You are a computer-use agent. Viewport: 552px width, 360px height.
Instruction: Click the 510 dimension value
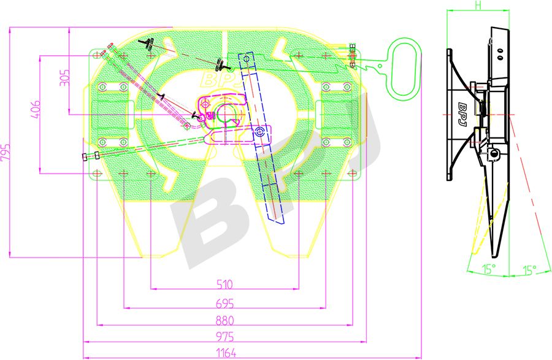pos(225,284)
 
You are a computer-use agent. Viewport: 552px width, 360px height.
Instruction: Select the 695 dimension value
pos(225,303)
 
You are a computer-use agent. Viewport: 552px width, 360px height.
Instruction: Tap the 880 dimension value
pos(225,320)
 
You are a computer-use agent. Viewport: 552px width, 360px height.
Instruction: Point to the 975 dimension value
pos(225,337)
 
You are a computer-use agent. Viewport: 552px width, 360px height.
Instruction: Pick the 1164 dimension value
pos(225,353)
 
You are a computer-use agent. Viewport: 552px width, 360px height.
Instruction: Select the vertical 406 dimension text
pos(36,110)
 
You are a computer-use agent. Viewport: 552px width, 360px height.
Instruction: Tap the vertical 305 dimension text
pos(66,79)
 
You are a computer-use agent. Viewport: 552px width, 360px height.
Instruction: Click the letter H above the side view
pos(477,6)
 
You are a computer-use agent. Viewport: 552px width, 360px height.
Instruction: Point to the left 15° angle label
pos(488,269)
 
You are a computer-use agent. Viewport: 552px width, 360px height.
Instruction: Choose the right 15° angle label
pos(530,269)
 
